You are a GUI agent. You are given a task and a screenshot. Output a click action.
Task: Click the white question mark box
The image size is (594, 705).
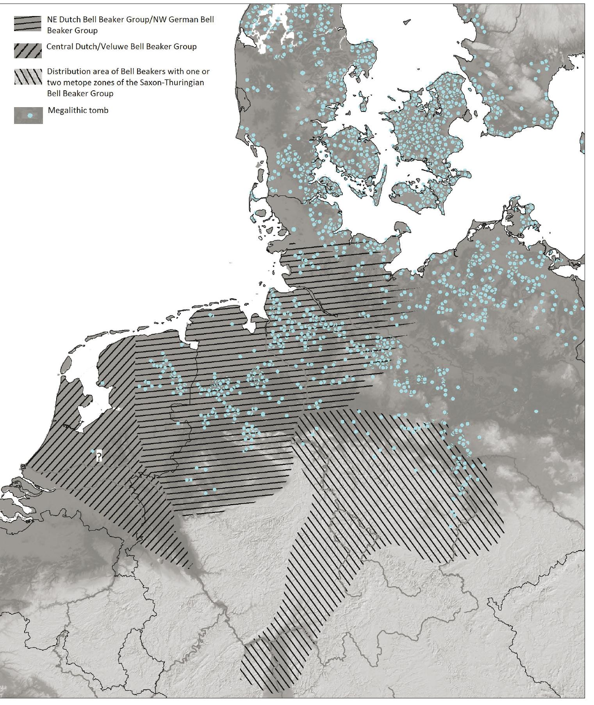pyautogui.click(x=99, y=456)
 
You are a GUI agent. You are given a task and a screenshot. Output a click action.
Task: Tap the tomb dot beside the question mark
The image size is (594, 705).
pyautogui.click(x=93, y=451)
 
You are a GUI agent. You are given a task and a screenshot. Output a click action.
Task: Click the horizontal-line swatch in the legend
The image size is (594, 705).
pyautogui.click(x=28, y=23)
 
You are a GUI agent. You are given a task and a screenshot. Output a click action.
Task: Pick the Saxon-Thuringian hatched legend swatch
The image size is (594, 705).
pyautogui.click(x=28, y=77)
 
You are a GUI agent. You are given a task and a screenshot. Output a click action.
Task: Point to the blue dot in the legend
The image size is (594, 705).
pyautogui.click(x=29, y=116)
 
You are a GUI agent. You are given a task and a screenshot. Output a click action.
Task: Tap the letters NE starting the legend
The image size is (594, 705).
pyautogui.click(x=52, y=19)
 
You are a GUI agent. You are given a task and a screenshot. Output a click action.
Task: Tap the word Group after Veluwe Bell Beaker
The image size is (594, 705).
pyautogui.click(x=186, y=47)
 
